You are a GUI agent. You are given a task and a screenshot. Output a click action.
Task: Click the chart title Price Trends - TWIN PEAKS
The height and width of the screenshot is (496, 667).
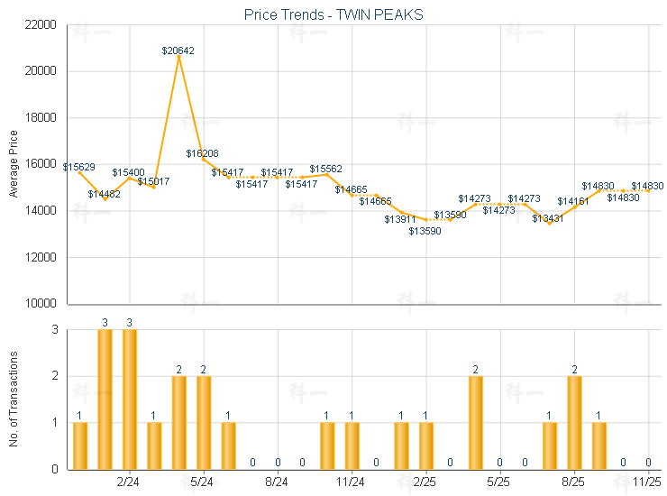pos(333,15)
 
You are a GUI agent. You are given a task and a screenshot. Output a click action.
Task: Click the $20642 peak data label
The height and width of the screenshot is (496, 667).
pos(178,51)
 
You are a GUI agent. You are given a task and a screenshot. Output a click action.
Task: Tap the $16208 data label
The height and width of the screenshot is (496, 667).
pos(203,153)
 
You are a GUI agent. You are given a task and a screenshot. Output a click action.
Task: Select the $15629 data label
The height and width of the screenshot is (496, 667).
pos(79,167)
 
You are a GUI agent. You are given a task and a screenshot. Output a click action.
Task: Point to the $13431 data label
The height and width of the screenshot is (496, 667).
pos(547,218)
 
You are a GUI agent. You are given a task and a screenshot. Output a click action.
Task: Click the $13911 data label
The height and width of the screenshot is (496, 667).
pos(400,219)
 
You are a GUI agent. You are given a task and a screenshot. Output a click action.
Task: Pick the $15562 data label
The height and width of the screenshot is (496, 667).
pos(326,169)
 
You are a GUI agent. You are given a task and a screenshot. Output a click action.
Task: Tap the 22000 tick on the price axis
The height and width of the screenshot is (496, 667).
pos(42,24)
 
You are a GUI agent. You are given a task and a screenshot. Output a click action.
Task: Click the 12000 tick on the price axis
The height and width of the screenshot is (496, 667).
pos(42,257)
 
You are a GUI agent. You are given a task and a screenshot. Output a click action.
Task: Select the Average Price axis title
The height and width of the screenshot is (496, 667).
pos(14,164)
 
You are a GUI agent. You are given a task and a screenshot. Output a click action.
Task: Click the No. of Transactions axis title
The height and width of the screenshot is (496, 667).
pos(14,398)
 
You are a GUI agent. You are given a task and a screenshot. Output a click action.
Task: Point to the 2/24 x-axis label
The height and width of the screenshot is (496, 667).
pos(129,483)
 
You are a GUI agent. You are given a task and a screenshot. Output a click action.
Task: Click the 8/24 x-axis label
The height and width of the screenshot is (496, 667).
pos(278,483)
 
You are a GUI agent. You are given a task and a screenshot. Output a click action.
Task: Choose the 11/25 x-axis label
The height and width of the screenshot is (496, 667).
pos(648,483)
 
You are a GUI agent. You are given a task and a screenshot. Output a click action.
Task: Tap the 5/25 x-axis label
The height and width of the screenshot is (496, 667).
pos(500,483)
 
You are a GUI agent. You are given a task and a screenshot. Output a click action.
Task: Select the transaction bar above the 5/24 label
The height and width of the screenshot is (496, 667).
pos(204,422)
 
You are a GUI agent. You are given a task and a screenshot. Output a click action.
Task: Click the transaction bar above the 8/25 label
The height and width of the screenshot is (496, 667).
pos(574,422)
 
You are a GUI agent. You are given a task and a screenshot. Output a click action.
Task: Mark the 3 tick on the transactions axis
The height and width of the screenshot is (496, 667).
pos(54,330)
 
